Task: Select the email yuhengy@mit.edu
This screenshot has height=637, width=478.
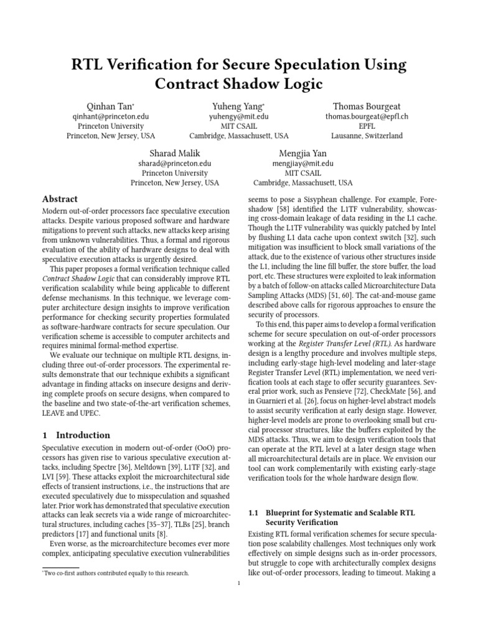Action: pos(239,116)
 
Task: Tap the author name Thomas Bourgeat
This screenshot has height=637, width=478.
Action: pos(367,107)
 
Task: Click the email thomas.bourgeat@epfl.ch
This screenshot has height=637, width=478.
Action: pos(367,116)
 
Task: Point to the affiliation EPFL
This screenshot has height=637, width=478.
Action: pos(367,126)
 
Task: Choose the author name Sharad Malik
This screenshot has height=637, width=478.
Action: pos(175,154)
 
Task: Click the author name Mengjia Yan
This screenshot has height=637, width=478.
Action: pos(303,154)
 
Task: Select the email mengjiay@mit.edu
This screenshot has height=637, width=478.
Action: pos(303,164)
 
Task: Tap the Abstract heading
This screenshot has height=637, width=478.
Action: pos(60,199)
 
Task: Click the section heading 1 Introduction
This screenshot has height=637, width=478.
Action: pos(76,435)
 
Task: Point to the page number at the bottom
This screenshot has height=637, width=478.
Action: pos(239,583)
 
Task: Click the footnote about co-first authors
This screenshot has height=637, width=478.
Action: pos(115,573)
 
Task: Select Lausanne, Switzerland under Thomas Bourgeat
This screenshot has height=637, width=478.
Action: pos(367,136)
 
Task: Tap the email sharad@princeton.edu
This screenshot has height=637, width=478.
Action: pos(175,164)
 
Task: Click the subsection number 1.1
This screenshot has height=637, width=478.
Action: pos(253,513)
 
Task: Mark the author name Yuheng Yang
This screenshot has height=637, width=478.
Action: pos(239,107)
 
